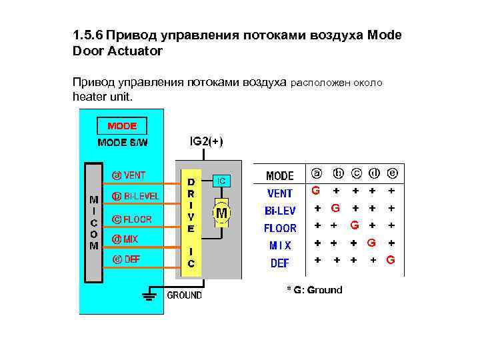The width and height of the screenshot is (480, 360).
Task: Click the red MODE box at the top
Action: click(x=122, y=126)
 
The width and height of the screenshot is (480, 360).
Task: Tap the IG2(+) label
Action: click(x=207, y=141)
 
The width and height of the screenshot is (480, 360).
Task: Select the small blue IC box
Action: click(x=221, y=180)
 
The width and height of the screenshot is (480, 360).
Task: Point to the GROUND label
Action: click(x=184, y=295)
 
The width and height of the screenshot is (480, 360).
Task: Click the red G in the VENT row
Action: click(x=316, y=190)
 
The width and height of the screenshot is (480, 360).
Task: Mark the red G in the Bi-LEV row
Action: click(x=335, y=208)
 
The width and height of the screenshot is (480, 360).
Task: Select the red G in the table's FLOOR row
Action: click(x=355, y=225)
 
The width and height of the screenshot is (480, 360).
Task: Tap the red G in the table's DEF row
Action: click(x=391, y=259)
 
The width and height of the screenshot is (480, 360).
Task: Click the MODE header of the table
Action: click(x=280, y=176)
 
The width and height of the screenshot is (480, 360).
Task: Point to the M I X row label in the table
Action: click(x=280, y=245)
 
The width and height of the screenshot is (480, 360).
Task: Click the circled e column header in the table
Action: click(x=393, y=173)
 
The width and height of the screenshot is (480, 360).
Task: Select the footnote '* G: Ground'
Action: click(x=314, y=290)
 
